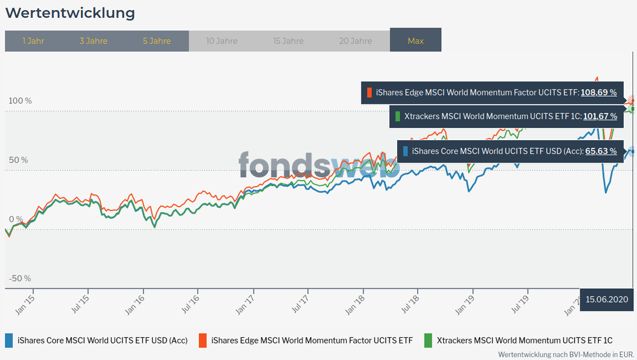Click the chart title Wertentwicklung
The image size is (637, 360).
[x=70, y=13]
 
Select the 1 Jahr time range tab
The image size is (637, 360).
[x=33, y=41]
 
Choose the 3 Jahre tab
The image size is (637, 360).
[x=93, y=41]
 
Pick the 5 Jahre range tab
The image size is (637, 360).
[x=157, y=41]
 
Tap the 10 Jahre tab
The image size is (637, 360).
[x=222, y=41]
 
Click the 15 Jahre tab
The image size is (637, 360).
[x=288, y=41]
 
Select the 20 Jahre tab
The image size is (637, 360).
[x=355, y=41]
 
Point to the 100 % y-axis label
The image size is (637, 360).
[x=20, y=101]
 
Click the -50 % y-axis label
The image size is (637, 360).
[x=20, y=278]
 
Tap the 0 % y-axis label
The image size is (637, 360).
[x=17, y=219]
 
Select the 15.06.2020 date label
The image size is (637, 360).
[x=607, y=299]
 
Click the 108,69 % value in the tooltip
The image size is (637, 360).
[x=599, y=92]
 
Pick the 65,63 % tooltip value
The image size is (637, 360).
[x=603, y=151]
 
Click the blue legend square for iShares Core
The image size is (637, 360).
[x=10, y=340]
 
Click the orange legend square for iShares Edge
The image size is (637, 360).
[x=203, y=340]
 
